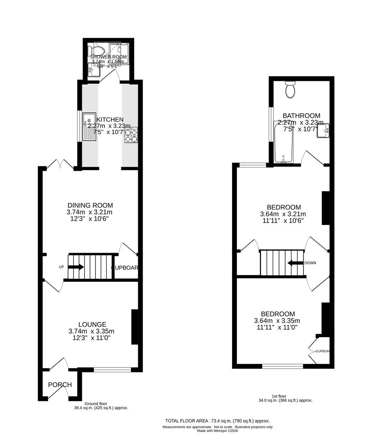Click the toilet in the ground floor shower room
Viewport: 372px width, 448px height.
click(96, 51)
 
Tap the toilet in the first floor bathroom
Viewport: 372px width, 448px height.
click(290, 90)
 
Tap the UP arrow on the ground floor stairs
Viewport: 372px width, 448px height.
click(76, 267)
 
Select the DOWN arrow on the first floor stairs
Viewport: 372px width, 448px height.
click(295, 263)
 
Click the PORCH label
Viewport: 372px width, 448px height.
click(60, 385)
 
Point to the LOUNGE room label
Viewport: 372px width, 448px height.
click(92, 324)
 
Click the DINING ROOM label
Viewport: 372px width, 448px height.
click(90, 205)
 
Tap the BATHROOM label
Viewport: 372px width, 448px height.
click(301, 116)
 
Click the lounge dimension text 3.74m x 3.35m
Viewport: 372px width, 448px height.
click(91, 331)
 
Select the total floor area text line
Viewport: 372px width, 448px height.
click(218, 420)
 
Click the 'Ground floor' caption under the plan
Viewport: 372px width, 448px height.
click(96, 404)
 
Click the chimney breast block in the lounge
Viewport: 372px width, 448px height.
click(135, 327)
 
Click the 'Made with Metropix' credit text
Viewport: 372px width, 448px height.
click(218, 431)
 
